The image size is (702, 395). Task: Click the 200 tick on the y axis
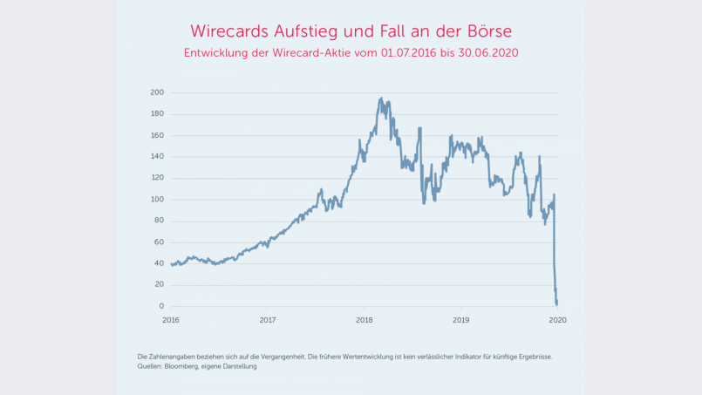coord(157,92)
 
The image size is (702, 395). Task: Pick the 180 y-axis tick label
coord(157,113)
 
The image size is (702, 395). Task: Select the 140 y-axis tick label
coord(157,157)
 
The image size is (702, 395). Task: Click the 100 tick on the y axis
coord(157,200)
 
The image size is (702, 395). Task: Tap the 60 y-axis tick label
coord(159,242)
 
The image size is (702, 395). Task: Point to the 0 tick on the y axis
coord(161,306)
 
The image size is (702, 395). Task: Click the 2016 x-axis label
coord(171,320)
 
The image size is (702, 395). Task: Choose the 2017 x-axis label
coord(268,320)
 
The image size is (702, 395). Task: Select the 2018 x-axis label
coord(365,320)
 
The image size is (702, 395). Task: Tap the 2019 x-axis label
coord(461,320)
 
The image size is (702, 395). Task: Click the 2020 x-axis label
coord(558,320)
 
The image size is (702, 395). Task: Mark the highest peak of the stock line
coord(382,99)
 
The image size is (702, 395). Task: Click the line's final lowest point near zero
coord(557,304)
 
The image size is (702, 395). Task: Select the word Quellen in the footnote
coord(150,366)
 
